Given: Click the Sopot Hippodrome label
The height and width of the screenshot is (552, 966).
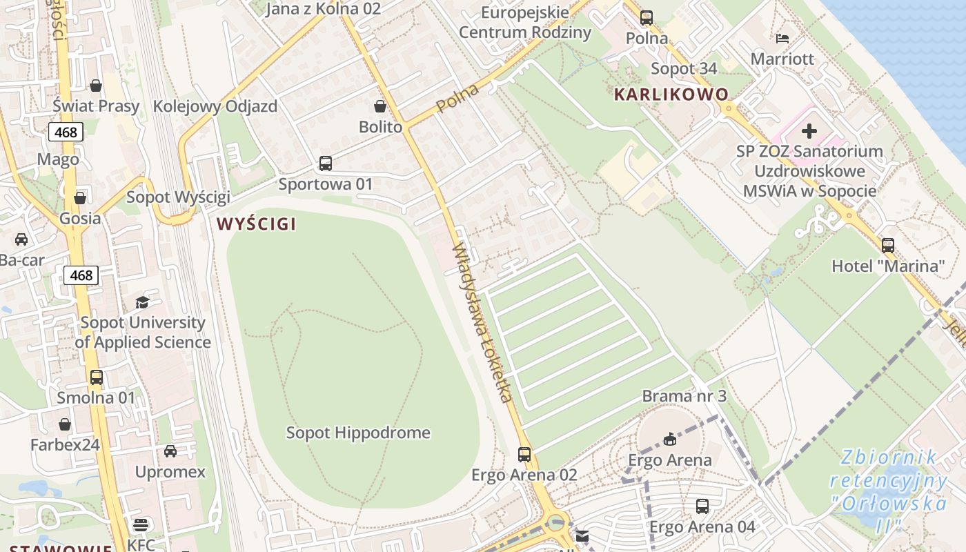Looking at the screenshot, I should [358, 433].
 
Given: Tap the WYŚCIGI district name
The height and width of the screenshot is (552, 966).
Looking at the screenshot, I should [256, 224].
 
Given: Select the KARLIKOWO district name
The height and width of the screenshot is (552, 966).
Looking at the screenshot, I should [671, 95].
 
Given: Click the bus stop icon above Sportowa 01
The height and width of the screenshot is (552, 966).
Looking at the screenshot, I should [326, 164].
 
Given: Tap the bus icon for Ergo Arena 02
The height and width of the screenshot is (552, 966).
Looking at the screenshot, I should [524, 454].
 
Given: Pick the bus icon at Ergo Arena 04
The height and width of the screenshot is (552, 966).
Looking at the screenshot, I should [702, 506].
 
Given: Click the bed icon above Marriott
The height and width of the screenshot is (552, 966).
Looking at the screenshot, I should [782, 38].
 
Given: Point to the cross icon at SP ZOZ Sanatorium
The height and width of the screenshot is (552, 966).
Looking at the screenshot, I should [809, 131].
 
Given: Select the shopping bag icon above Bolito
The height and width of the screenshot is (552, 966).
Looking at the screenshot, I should [380, 106].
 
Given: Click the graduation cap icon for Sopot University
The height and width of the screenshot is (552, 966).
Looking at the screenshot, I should [142, 302].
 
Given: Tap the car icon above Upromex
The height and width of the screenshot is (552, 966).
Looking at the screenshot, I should [170, 451].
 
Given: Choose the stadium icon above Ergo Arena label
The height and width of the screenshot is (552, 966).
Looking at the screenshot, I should [669, 439].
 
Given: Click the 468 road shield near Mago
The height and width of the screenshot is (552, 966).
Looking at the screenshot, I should [66, 132].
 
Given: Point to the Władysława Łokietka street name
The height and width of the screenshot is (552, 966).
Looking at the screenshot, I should [482, 323].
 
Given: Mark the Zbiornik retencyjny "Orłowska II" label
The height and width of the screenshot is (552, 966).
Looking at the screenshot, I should [888, 491].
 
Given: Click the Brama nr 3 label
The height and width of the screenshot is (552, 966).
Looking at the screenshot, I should [684, 396].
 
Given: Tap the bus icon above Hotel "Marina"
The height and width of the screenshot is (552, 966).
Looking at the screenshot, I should [887, 245].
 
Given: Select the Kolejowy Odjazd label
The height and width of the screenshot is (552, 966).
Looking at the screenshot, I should [215, 106].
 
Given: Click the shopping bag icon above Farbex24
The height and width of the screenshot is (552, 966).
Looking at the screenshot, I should [65, 424].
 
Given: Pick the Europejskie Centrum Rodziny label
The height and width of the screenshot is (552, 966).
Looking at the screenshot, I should [524, 22].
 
